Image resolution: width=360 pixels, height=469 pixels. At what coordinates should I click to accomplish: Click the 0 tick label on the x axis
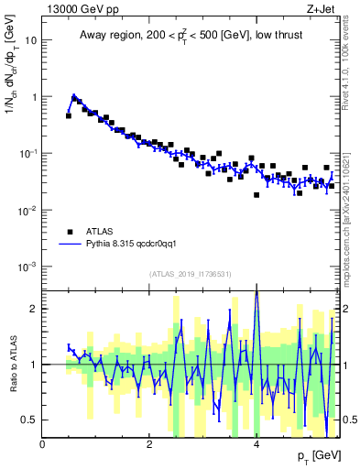[43, 444]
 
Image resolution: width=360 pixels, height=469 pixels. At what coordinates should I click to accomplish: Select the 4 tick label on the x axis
[256, 444]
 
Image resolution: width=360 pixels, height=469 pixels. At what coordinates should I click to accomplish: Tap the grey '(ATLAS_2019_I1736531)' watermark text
[191, 275]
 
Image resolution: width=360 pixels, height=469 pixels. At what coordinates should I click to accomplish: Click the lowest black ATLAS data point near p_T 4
[257, 195]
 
